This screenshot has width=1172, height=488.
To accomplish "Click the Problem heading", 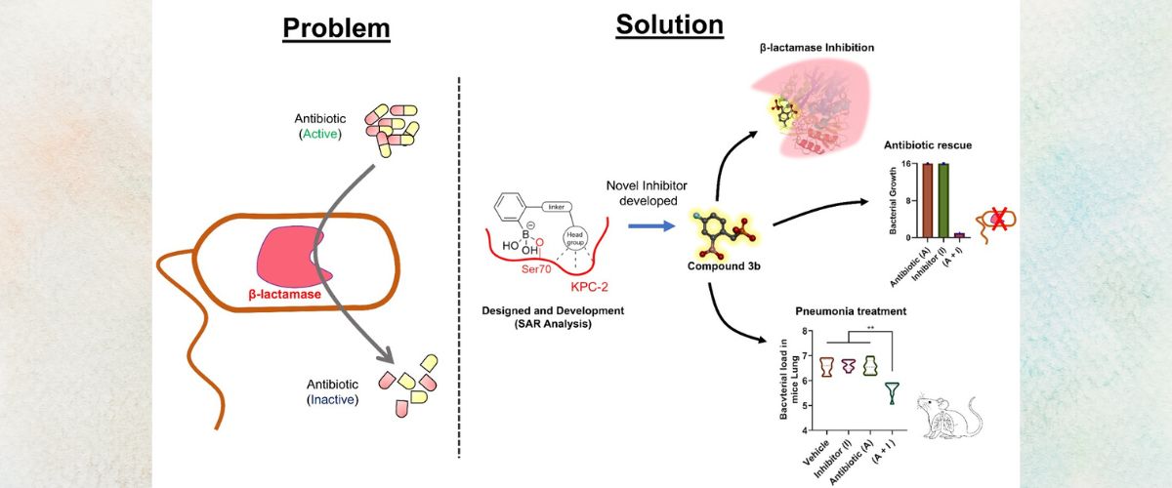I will pyautogui.click(x=336, y=28).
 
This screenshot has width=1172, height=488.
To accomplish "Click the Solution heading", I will pyautogui.click(x=669, y=24).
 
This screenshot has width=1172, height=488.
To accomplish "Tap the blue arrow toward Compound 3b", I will pyautogui.click(x=652, y=225).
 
